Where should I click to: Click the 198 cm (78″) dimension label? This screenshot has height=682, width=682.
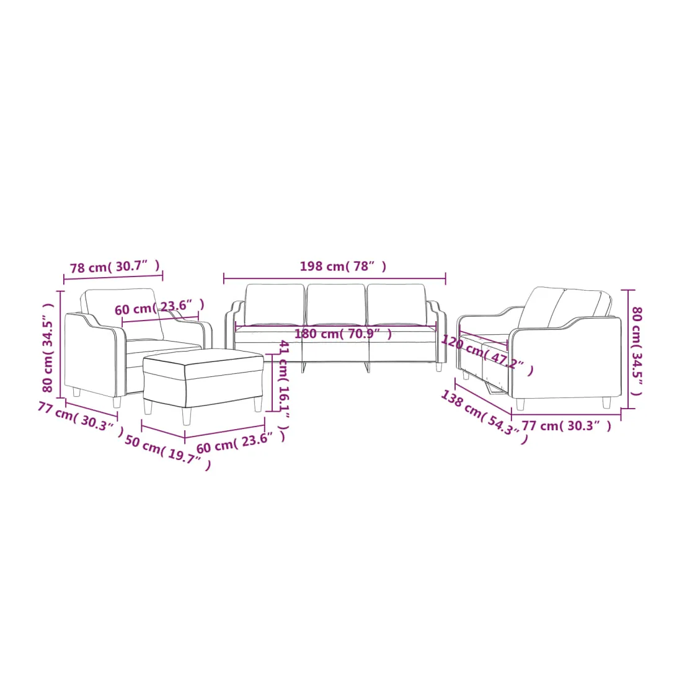pyautogui.click(x=343, y=266)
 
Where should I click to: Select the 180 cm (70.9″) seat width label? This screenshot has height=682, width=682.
pyautogui.click(x=343, y=334)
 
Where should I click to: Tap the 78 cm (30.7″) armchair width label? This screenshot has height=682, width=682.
pyautogui.click(x=115, y=266)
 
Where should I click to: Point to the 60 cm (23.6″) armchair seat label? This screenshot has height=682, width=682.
pyautogui.click(x=159, y=308)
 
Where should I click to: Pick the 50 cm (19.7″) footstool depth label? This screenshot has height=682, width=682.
pyautogui.click(x=168, y=453)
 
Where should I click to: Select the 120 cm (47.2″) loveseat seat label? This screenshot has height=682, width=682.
pyautogui.click(x=487, y=355)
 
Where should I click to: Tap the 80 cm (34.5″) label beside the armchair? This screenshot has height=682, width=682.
pyautogui.click(x=48, y=348)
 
